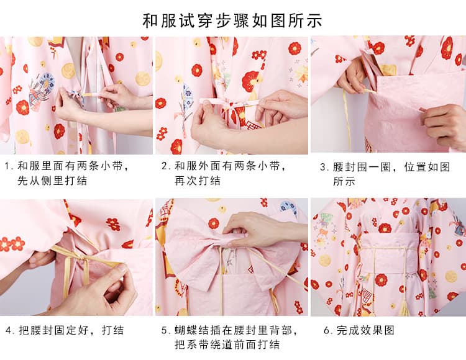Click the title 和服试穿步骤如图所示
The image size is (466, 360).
pos(232,20)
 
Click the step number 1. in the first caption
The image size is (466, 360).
pos(9,166)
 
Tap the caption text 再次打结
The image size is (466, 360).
pos(198,181)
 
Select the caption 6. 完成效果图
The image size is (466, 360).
pos(359,330)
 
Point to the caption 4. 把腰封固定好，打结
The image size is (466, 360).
pos(65,330)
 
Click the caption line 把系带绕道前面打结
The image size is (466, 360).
pos(227,344)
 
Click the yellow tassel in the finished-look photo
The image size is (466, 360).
pos(404,308)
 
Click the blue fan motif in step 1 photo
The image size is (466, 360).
pos(47,81)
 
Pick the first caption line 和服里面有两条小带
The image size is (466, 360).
pos(70,166)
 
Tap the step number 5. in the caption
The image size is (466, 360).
pos(166,330)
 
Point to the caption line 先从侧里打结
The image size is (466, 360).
pos(52,181)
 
